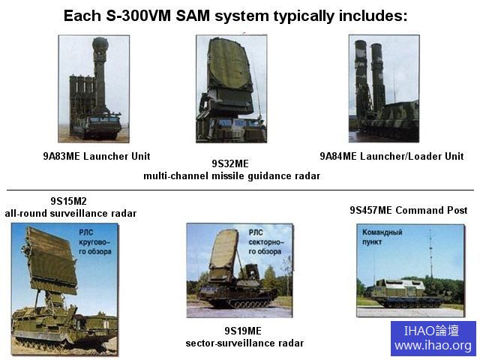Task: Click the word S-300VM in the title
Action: click(138, 16)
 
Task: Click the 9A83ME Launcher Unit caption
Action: click(97, 156)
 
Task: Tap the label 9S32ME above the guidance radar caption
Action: click(230, 163)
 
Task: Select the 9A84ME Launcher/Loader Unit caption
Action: click(391, 156)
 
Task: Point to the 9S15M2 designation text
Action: click(68, 201)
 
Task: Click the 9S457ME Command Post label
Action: click(409, 210)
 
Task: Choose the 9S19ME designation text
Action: click(243, 331)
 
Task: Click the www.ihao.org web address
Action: click(433, 346)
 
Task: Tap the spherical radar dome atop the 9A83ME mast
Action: click(100, 44)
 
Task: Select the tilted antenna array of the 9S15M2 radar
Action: click(51, 260)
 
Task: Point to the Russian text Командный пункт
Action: click(382, 237)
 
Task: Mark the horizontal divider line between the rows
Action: click(240, 190)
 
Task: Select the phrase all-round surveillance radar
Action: click(70, 213)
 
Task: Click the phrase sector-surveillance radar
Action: click(244, 343)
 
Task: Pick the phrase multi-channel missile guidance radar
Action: click(232, 176)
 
